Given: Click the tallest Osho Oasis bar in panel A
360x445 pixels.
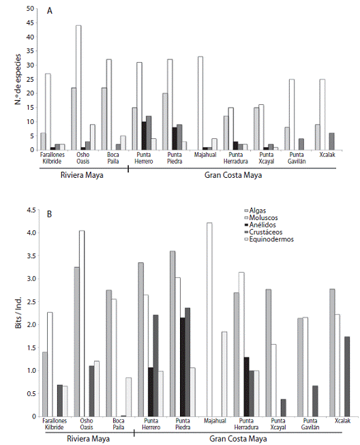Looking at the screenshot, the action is click(78, 87).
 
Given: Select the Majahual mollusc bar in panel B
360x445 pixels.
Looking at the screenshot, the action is click(209, 320).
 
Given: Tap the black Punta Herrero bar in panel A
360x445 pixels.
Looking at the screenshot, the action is click(144, 136).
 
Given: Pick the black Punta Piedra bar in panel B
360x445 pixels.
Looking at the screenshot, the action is click(182, 367).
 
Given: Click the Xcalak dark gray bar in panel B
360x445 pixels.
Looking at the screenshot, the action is click(347, 377).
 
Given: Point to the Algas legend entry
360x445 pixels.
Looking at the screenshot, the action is click(255, 211).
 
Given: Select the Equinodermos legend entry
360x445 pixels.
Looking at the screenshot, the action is click(269, 239).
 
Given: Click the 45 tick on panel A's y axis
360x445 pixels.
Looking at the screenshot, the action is click(31, 22).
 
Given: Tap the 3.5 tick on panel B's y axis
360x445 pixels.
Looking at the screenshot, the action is click(31, 256).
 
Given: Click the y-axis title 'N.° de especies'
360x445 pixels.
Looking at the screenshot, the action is click(18, 79).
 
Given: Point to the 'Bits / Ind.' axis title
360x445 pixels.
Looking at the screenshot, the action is click(18, 313).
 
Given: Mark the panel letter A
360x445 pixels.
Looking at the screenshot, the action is click(50, 11).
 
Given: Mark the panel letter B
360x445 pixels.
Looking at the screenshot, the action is click(49, 214).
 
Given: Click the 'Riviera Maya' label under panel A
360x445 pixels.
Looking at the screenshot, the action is click(82, 175).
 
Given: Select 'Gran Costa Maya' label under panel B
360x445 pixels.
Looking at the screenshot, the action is click(238, 439).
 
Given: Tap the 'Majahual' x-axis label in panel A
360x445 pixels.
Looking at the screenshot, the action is click(205, 155).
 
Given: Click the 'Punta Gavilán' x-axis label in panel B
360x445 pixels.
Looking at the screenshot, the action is click(310, 424).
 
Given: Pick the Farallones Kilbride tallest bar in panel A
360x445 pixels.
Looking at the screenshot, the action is click(48, 112).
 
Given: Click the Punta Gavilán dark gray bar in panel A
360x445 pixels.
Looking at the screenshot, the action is click(301, 144).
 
